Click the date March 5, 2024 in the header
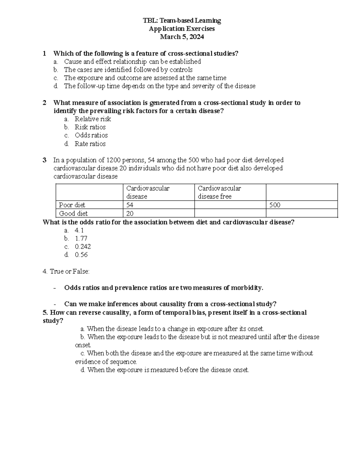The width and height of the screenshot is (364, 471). coord(182,37)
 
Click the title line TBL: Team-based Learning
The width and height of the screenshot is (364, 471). coord(182,21)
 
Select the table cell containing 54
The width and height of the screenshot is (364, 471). coord(158,205)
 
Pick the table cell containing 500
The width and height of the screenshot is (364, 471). coord(302,205)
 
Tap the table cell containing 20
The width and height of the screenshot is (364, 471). coord(158,214)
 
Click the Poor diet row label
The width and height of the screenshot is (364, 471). coord(72,205)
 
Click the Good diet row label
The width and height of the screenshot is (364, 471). coord(73,214)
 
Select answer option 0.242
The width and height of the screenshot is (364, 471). coord(83,247)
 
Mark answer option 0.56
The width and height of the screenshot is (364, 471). coord(81,255)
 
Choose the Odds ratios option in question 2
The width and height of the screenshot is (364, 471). coord(91,135)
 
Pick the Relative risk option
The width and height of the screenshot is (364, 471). coord(93,119)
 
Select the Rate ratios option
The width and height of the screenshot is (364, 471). coord(90,144)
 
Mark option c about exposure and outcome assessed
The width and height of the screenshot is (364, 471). coord(145,78)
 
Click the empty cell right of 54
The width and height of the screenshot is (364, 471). coord(230,205)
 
